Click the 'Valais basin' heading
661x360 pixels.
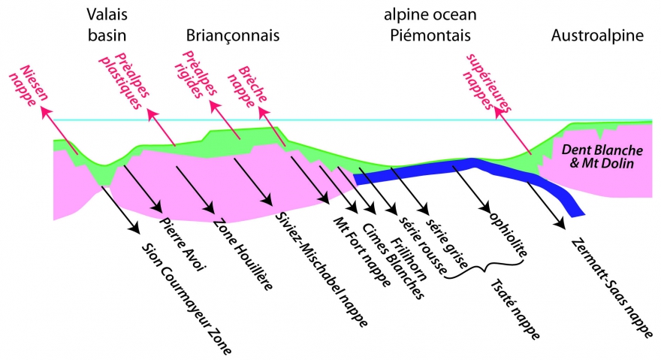pos(104,25)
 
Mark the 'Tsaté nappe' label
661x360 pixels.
pos(515,309)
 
